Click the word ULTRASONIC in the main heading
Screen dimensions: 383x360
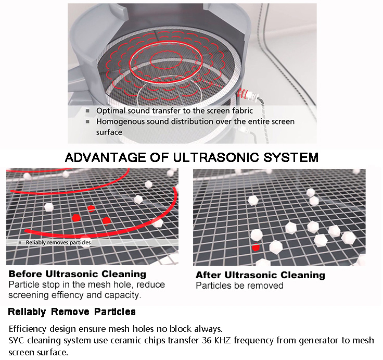click(216, 157)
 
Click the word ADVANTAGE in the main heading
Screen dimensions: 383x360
click(106, 157)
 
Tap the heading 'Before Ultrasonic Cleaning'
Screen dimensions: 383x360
click(78, 274)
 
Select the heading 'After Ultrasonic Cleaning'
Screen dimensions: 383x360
click(260, 275)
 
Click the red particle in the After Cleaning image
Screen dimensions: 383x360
click(256, 247)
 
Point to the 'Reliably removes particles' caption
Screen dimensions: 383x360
click(58, 242)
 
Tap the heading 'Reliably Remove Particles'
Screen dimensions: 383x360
click(72, 312)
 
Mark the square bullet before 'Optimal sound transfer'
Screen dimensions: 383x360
click(87, 111)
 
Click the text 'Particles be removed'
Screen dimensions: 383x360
click(239, 285)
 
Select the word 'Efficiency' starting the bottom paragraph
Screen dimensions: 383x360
click(28, 329)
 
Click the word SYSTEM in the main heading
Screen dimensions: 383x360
click(291, 157)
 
